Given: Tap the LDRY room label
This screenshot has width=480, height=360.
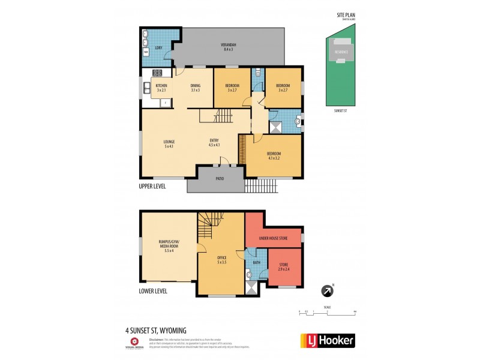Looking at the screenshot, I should (x=159, y=47).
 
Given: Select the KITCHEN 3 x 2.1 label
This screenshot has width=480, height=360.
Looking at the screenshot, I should (x=161, y=88).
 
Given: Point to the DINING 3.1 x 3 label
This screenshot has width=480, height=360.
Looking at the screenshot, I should (x=195, y=88).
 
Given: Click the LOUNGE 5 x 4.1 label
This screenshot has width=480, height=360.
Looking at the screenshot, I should (x=169, y=143).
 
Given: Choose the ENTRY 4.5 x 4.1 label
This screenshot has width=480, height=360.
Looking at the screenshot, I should (x=214, y=143).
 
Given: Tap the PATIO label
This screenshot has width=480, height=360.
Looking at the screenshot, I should (x=220, y=179).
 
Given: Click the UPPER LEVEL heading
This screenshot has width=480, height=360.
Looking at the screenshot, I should (x=152, y=187).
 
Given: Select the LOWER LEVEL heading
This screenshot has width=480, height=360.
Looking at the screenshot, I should (x=153, y=292).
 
